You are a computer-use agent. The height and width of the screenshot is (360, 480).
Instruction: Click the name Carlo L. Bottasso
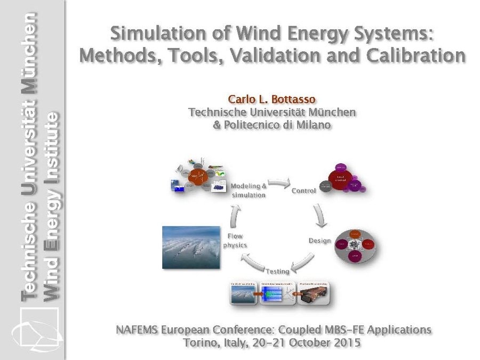click(272, 100)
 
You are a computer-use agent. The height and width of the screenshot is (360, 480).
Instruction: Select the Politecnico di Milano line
click(272, 125)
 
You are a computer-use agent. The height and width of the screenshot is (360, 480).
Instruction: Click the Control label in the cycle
click(303, 190)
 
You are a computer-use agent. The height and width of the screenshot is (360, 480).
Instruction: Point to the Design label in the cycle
click(319, 241)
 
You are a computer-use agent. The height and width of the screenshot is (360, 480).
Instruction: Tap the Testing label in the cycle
click(278, 271)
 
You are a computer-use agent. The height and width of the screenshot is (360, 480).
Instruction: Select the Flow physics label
click(235, 240)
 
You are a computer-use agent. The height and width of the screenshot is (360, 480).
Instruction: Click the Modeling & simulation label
click(249, 190)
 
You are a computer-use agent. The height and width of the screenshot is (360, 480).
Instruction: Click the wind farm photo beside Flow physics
click(191, 247)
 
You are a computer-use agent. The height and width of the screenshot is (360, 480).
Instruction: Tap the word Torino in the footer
click(199, 342)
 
